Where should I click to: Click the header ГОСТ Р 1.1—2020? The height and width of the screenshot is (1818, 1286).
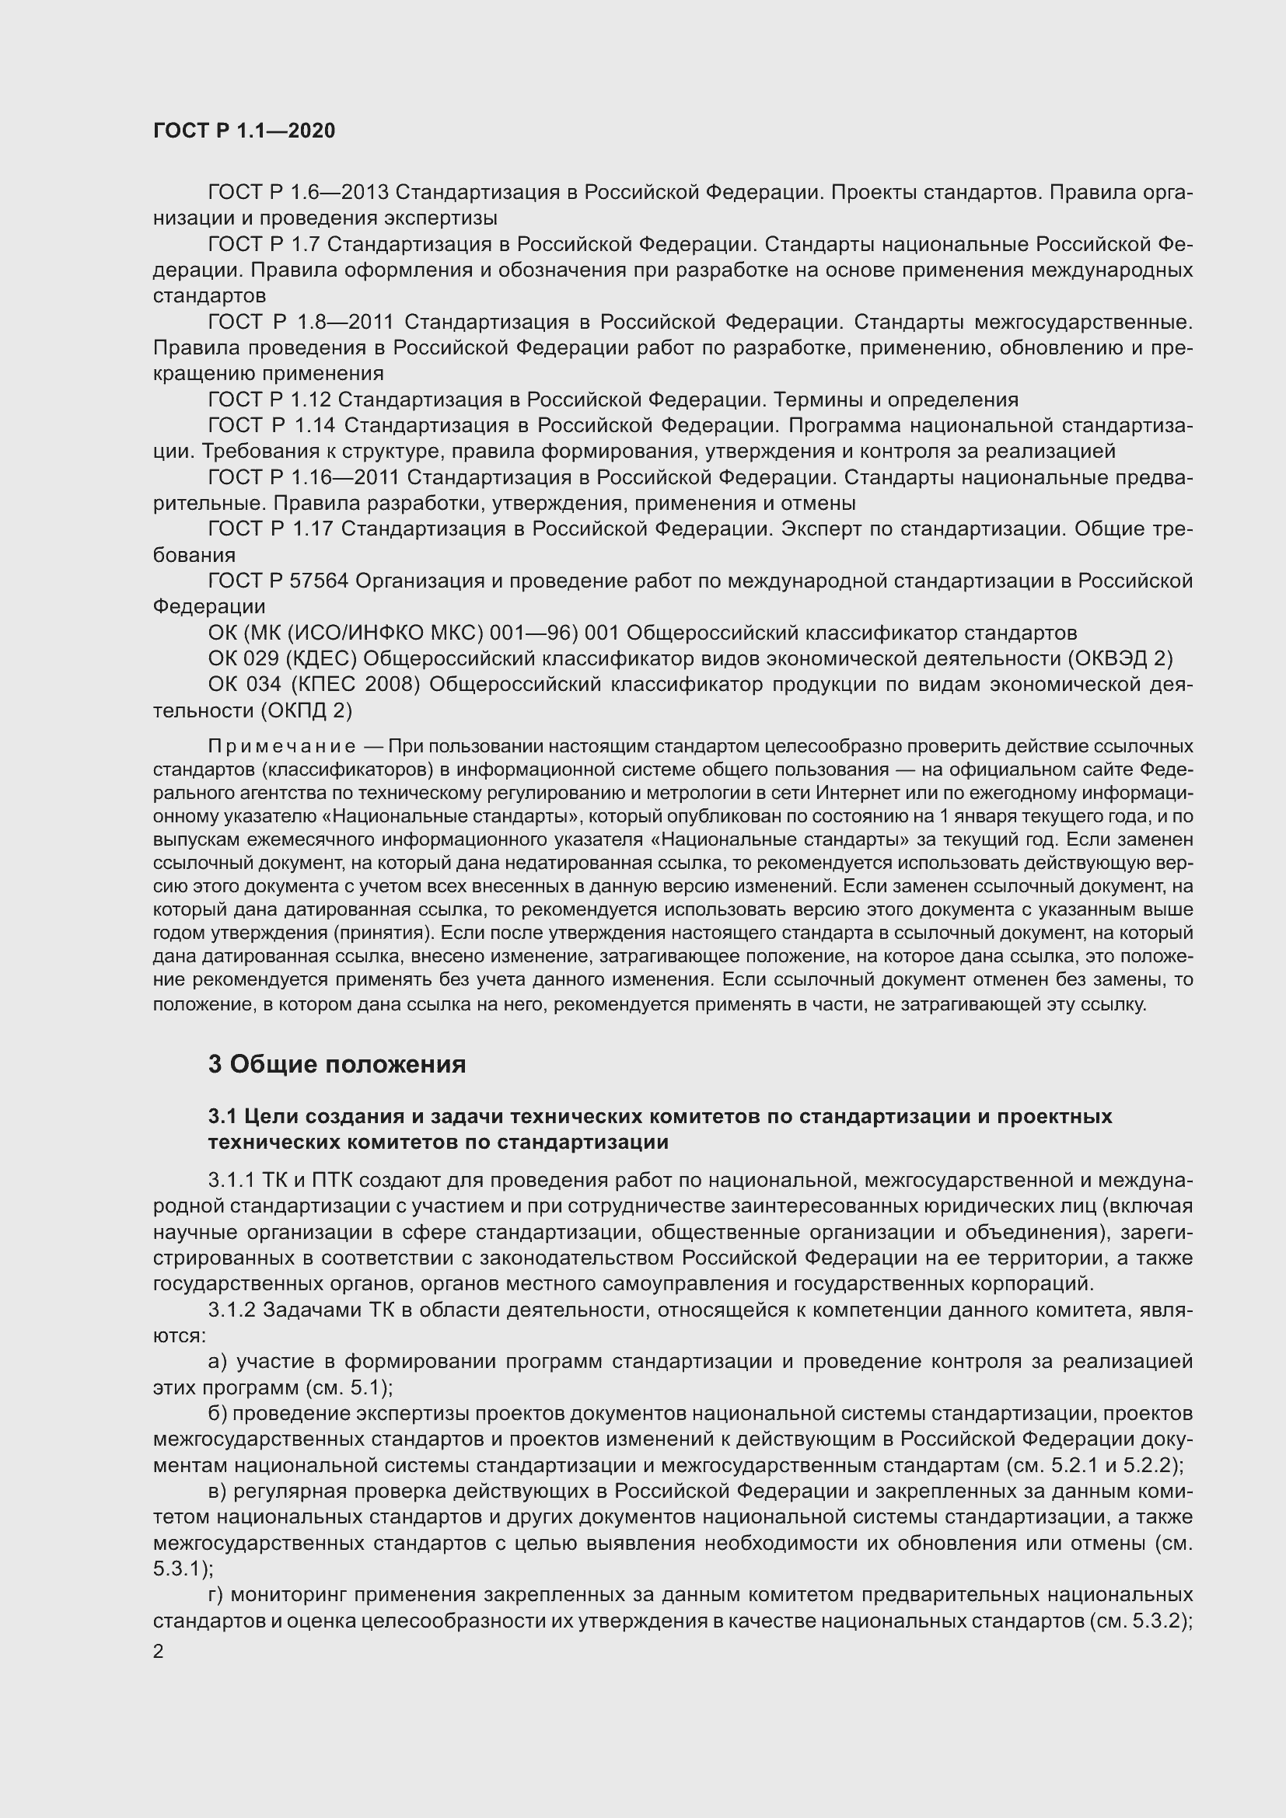pos(244,131)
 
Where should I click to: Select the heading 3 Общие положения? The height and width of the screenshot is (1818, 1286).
pos(337,1064)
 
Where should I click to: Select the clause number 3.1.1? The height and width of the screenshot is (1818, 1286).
pos(231,1181)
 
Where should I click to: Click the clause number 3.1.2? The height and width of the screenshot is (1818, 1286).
pos(231,1310)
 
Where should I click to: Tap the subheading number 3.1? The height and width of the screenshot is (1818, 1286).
pos(222,1116)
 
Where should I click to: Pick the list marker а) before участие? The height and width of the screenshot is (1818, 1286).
pos(218,1362)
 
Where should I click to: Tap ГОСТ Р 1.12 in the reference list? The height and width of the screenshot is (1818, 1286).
pos(269,400)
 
